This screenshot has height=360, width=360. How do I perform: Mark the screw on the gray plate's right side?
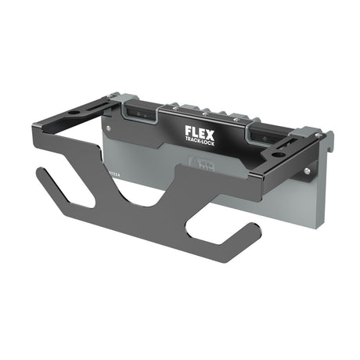[311, 168]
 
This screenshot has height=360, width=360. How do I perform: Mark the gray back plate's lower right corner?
[320, 220]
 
